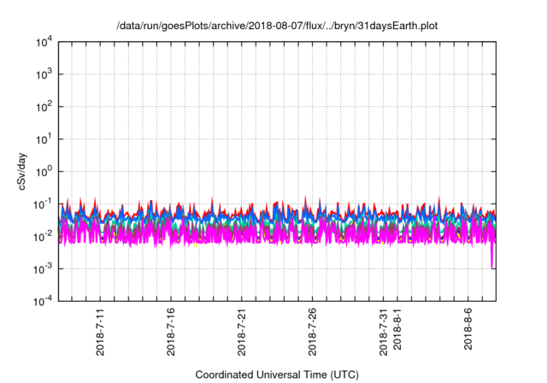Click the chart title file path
point(275,25)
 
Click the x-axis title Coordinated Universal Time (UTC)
point(276,374)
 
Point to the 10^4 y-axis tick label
point(44,42)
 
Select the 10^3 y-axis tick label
point(44,74)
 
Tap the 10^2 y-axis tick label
point(44,107)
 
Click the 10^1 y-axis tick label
point(44,138)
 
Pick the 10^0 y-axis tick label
point(44,171)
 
